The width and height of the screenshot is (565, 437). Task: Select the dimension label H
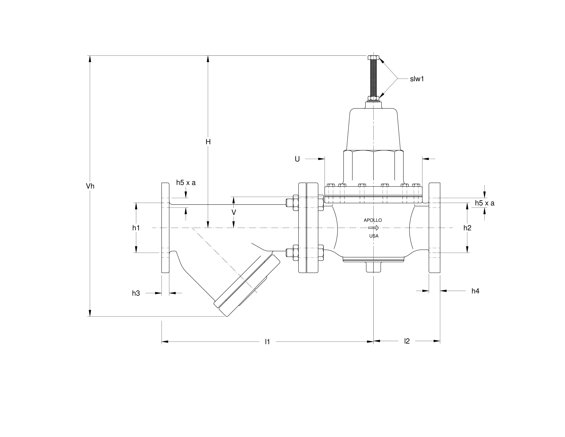208,142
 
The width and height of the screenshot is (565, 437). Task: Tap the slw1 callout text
417,79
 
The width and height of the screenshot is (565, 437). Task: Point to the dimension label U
297,159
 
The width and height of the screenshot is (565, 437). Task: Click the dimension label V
234,213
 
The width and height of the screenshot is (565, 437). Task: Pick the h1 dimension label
136,228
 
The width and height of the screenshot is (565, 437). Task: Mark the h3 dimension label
136,293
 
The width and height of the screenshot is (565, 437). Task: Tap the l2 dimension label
407,341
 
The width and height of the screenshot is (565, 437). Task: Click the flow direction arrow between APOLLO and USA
374,228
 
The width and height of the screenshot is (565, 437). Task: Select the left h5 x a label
186,183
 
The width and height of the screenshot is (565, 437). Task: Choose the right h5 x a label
484,203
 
